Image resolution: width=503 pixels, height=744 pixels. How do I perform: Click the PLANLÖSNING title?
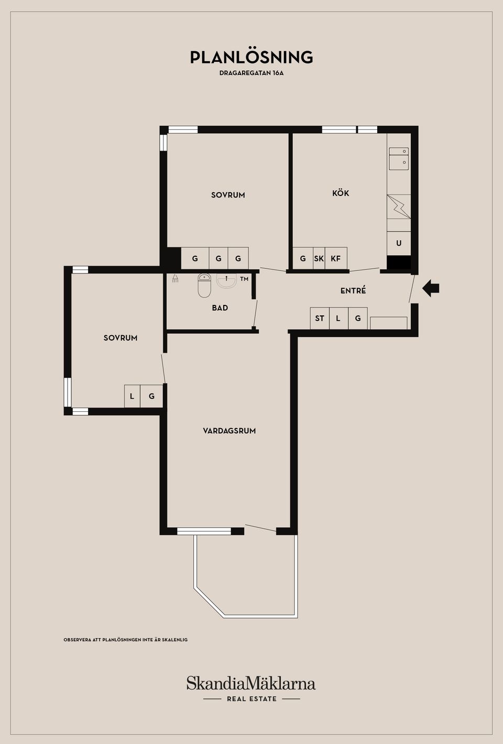click(251, 57)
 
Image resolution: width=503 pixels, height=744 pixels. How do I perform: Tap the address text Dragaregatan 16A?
click(251, 73)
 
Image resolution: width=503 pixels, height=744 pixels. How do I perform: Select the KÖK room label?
click(341, 193)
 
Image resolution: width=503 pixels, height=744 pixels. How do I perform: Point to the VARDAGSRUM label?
click(229, 431)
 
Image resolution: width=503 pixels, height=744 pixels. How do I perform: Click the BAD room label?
click(220, 308)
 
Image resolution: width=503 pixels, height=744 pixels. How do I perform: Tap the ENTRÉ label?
click(353, 290)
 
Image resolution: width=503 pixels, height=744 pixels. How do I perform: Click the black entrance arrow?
click(431, 288)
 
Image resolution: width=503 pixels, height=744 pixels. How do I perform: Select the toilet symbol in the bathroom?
click(204, 286)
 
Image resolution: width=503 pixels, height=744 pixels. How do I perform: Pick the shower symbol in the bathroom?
click(176, 278)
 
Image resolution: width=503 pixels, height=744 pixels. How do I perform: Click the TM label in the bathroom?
click(244, 279)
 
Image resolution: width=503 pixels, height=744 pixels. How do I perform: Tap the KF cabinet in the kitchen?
click(336, 258)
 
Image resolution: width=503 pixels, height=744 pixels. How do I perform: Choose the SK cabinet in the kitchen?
click(319, 258)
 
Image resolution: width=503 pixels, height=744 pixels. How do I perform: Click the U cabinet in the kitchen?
click(399, 243)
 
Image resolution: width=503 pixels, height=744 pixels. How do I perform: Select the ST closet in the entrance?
click(320, 318)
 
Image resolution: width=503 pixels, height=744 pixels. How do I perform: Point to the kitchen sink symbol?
click(399, 159)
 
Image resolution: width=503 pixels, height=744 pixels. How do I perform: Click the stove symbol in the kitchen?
click(399, 206)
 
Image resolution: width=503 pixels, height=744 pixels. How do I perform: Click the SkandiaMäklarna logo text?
click(251, 684)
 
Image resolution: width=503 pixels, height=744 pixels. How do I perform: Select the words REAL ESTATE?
click(251, 699)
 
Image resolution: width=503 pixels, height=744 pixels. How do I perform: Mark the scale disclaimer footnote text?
click(126, 639)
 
